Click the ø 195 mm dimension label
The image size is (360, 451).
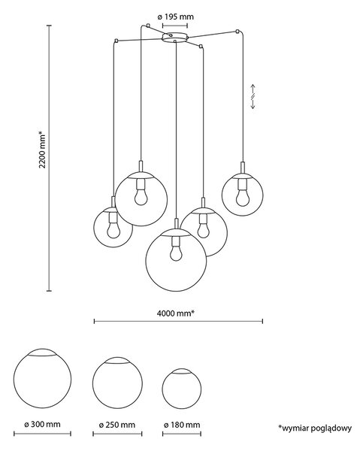(x=175, y=17)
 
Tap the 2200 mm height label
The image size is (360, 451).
(x=42, y=150)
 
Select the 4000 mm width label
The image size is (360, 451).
(x=176, y=313)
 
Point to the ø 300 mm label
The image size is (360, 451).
(x=42, y=424)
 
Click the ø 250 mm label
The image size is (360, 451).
(x=117, y=425)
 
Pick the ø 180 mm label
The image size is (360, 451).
(x=182, y=425)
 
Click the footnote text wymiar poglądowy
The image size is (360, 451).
(x=315, y=428)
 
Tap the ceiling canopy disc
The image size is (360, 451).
(x=175, y=38)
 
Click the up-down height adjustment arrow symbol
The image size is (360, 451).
(x=253, y=97)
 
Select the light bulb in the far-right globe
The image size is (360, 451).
(x=243, y=198)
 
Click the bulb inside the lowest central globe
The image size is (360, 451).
(x=176, y=253)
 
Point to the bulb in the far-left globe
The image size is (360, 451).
(x=113, y=230)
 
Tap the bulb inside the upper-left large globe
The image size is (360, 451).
(x=141, y=197)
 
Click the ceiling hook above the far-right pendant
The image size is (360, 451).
(x=237, y=31)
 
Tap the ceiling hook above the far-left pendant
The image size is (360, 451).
(x=116, y=41)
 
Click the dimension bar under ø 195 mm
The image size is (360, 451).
(x=175, y=26)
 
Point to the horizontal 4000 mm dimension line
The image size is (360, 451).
(x=178, y=321)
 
